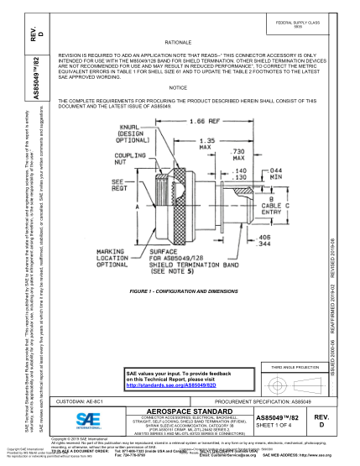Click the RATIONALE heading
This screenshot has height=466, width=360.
[x=178, y=41]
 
